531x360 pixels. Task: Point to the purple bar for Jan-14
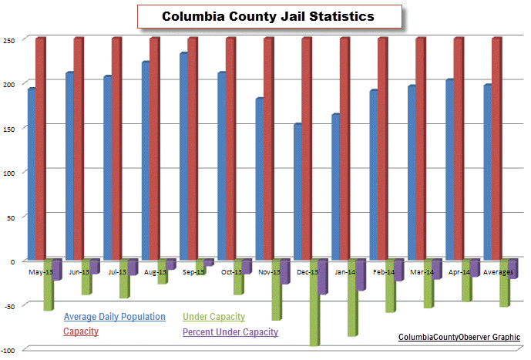coord(361,274)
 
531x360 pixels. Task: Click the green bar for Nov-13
coord(276,289)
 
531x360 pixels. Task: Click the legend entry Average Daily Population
coord(114,317)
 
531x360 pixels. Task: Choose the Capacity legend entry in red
coord(80,331)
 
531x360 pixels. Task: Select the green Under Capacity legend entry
coord(213,317)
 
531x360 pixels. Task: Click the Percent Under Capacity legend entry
coord(230,332)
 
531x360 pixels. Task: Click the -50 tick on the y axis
coord(9,306)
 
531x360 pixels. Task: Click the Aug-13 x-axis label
coord(156,272)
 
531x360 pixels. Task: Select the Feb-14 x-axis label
coord(384,272)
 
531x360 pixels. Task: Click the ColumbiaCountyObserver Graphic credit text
coord(459,337)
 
